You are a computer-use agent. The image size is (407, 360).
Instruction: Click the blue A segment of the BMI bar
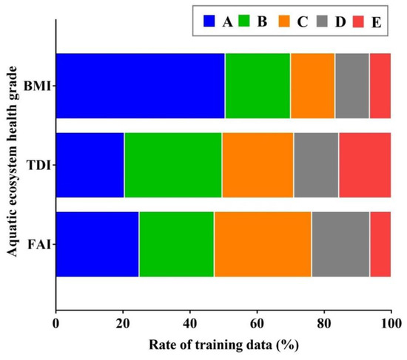coord(140,86)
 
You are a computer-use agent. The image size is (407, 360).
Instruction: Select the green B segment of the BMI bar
coord(258,86)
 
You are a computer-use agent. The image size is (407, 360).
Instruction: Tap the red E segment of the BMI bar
coord(380,86)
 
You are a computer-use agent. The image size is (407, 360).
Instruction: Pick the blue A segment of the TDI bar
coord(90,166)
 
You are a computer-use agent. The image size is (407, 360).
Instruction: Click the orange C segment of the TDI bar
coord(258,166)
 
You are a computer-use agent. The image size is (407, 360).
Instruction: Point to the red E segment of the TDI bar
coord(364,166)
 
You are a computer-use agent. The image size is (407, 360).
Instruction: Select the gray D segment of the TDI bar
coord(316,166)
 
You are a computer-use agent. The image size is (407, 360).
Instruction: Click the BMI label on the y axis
coord(35,86)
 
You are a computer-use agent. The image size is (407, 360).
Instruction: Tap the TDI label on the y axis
coord(36,166)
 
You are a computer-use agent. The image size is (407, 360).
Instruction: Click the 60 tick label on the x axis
coord(257,323)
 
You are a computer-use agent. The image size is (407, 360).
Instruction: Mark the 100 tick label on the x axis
coord(390,323)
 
